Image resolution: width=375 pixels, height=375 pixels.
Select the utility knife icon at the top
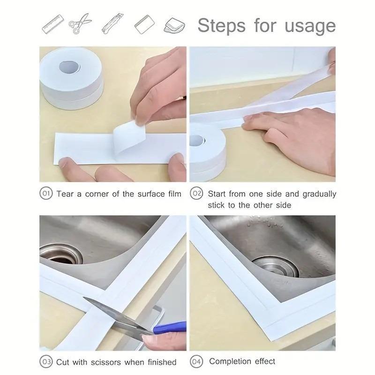point(112,24)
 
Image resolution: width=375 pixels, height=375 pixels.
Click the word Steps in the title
point(222,25)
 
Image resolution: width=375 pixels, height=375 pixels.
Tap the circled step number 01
point(46,194)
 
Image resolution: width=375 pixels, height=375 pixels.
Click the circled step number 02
point(196,194)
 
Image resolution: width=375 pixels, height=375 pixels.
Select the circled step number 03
point(46,361)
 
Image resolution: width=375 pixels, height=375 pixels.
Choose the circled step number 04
point(196,361)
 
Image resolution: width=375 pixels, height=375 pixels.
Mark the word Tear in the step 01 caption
point(66,194)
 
